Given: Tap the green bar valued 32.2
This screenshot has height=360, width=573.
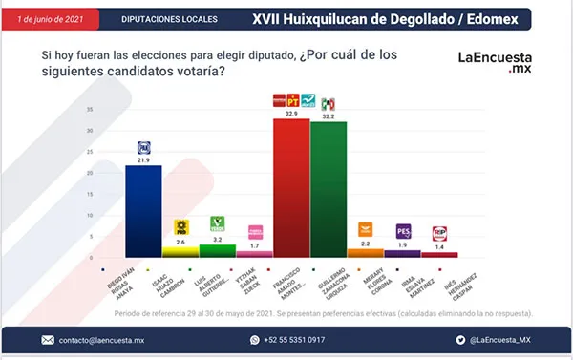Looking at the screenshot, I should click(x=329, y=190).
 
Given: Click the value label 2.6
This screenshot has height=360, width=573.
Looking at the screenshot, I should click(x=180, y=242).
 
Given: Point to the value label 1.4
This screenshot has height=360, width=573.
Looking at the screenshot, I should click(x=440, y=247).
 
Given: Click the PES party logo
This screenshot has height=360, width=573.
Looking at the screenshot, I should click(x=403, y=230).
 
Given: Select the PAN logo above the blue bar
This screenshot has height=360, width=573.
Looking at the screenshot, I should click(x=145, y=147).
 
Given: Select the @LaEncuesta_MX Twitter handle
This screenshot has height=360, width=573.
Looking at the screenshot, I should click(x=498, y=339).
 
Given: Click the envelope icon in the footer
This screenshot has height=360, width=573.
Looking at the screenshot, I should click(x=48, y=339).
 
